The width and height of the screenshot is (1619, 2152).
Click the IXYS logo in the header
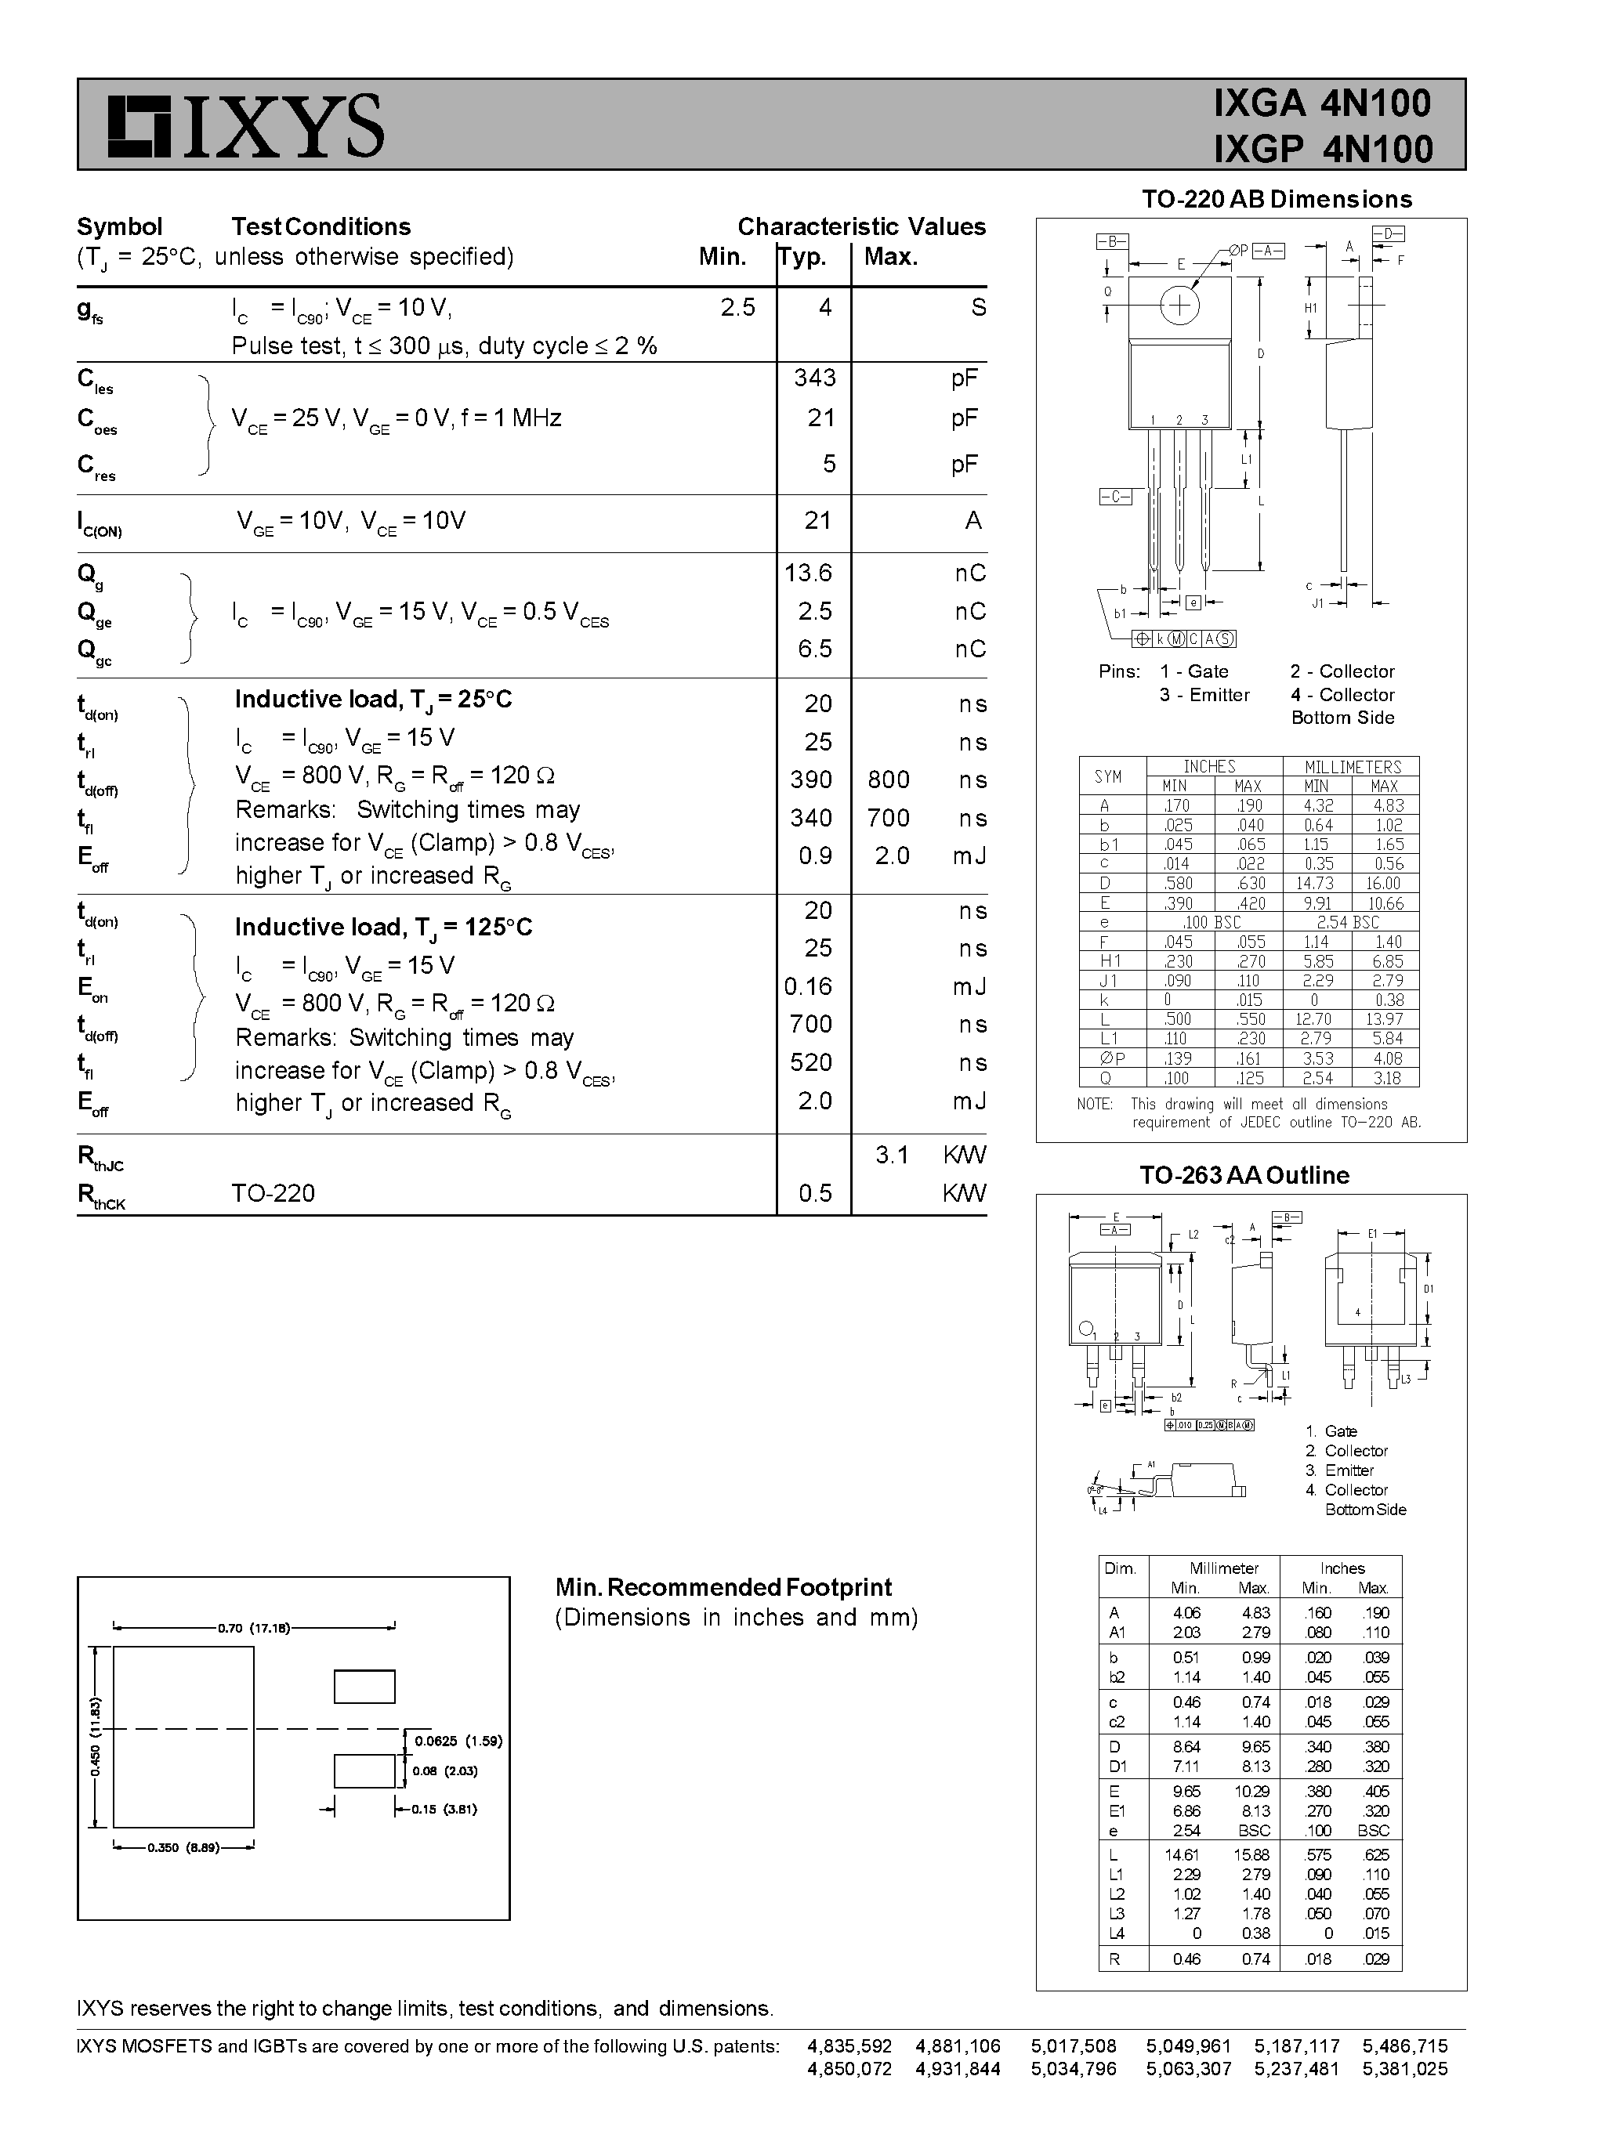[x=245, y=126]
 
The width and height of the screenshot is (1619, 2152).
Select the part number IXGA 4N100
[x=1321, y=103]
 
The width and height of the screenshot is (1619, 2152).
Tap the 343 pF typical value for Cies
[x=814, y=378]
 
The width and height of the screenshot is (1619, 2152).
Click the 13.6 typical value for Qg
[x=809, y=573]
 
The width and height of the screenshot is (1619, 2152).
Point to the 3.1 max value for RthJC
[x=891, y=1155]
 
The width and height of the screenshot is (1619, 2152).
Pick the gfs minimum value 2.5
[x=737, y=307]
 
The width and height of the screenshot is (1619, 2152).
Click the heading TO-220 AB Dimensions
[x=1276, y=200]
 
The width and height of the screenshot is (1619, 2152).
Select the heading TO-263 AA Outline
[x=1244, y=1175]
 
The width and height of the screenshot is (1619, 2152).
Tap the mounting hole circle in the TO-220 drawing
[x=1179, y=306]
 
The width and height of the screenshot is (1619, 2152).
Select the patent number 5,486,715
[x=1404, y=2046]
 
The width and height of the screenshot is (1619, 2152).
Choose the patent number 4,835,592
[x=849, y=2046]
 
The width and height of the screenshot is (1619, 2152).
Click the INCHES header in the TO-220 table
[x=1208, y=767]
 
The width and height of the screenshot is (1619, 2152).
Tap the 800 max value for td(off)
[x=889, y=779]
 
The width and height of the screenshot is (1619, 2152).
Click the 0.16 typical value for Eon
[x=809, y=986]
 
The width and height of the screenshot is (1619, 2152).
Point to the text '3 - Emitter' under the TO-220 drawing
[x=1204, y=695]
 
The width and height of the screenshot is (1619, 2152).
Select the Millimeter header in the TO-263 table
[x=1223, y=1568]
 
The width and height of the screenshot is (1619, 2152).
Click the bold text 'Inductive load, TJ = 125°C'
[x=383, y=927]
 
